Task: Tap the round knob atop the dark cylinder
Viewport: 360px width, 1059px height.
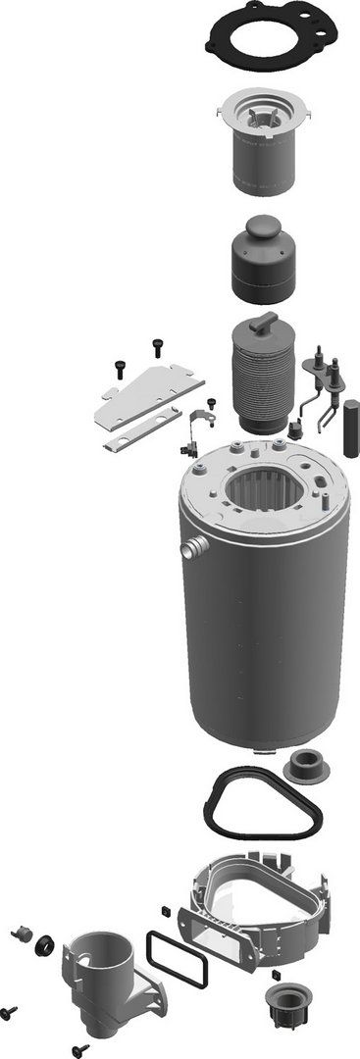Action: tap(262, 229)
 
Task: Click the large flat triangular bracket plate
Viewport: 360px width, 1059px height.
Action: tap(147, 393)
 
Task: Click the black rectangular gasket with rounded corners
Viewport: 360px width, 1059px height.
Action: tap(178, 959)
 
